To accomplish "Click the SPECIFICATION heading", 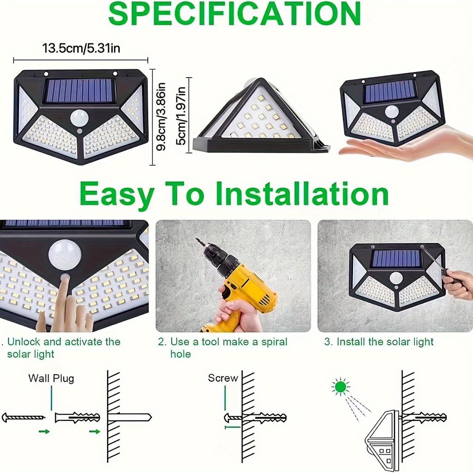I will pyautogui.click(x=234, y=14).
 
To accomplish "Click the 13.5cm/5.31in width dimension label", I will pyautogui.click(x=81, y=48).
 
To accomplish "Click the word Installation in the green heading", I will pyautogui.click(x=302, y=194).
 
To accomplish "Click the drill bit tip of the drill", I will pyautogui.click(x=198, y=241).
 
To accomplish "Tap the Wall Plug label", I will pyautogui.click(x=51, y=378).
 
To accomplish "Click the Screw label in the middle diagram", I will pyautogui.click(x=223, y=378).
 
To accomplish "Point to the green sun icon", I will pyautogui.click(x=340, y=387).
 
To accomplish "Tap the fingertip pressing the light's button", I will pyautogui.click(x=65, y=278).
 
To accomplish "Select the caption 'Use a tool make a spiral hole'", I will pyautogui.click(x=223, y=347).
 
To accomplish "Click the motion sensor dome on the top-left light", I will pyautogui.click(x=79, y=117).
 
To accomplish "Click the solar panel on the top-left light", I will pyautogui.click(x=79, y=91).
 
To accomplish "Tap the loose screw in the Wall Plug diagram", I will pyautogui.click(x=23, y=417).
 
